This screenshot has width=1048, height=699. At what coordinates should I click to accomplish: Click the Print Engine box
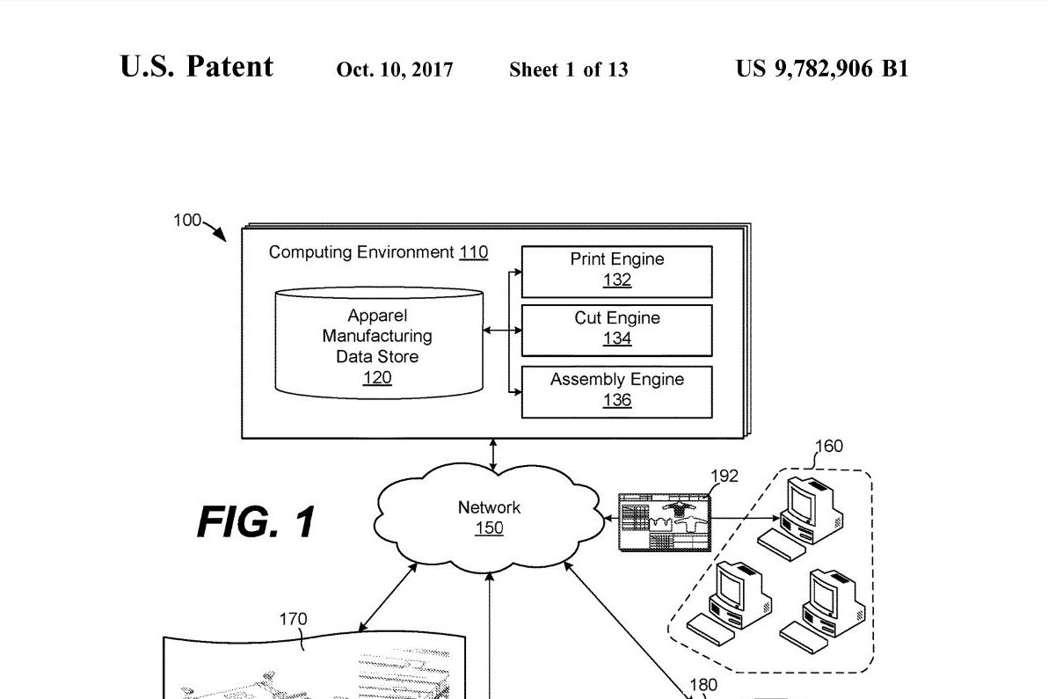tap(616, 271)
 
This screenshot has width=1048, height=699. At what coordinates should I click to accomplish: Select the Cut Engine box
tap(616, 330)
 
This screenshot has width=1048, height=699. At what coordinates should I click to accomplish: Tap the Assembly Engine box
tap(616, 391)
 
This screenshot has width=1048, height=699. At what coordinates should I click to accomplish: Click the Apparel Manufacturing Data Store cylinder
tap(378, 343)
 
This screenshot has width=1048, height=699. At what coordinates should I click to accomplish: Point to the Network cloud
tap(489, 518)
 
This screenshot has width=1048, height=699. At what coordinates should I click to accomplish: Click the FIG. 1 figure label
tap(256, 522)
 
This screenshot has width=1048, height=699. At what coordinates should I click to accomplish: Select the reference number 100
tap(186, 221)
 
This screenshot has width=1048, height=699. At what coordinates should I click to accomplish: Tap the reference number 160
tap(829, 446)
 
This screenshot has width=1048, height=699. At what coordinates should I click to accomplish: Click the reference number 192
tap(724, 477)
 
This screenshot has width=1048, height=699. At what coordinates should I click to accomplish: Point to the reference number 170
tap(293, 619)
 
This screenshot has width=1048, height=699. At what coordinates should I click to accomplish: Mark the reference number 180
tap(702, 685)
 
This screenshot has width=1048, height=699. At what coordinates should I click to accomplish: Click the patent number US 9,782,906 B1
tap(822, 69)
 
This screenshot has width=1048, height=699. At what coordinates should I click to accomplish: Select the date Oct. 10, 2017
tap(395, 70)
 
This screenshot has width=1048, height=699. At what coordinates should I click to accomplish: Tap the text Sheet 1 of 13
tap(568, 70)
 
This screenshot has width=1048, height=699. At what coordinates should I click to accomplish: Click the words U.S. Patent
tap(197, 68)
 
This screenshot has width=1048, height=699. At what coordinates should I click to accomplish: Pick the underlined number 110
tap(473, 252)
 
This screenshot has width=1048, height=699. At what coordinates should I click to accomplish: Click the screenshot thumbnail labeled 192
tap(664, 521)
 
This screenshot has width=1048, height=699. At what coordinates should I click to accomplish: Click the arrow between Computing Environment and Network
tap(493, 455)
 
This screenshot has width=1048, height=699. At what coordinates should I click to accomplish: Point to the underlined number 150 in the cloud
tap(489, 528)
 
